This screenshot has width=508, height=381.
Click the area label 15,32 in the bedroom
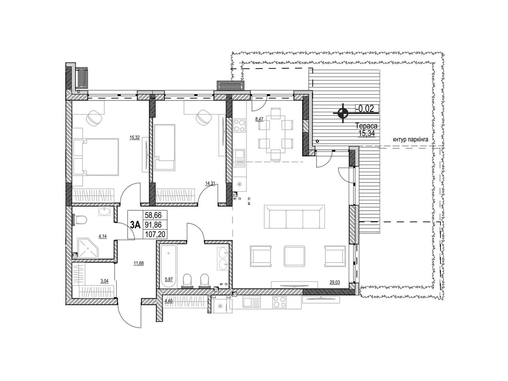(135, 137)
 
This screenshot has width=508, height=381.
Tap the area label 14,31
(210, 184)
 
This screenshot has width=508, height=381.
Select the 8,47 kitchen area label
(259, 119)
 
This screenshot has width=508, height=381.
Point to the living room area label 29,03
(335, 282)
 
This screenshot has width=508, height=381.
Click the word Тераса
(366, 126)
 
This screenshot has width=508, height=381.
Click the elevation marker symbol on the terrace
(343, 113)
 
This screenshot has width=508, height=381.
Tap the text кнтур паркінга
(410, 139)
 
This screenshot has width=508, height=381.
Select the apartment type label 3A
(135, 224)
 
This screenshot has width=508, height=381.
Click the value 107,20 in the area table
(155, 234)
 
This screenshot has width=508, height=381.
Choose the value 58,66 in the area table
(153, 215)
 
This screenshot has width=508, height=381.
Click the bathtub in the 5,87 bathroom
(169, 266)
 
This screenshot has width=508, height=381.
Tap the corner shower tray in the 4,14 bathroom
(88, 248)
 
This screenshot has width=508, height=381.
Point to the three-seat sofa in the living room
(294, 217)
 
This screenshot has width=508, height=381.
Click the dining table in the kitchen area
(275, 134)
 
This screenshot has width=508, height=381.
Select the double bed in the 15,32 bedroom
(96, 157)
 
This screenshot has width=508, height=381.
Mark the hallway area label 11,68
(139, 263)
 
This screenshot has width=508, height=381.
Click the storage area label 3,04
(104, 281)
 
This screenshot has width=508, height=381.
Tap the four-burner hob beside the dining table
(239, 126)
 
